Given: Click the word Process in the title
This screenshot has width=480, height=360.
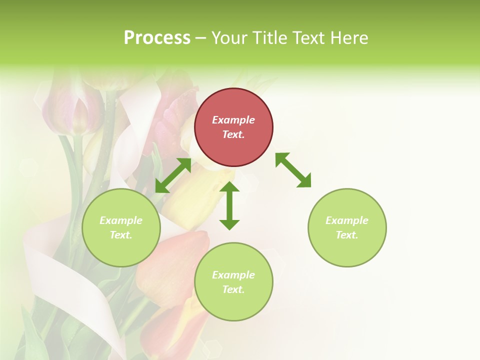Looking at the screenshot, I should [157, 38].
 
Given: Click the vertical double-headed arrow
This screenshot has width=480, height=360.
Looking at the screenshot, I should [229, 205].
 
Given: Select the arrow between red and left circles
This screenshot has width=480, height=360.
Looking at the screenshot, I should [173, 175].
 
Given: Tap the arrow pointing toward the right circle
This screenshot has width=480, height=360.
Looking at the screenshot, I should [293, 170].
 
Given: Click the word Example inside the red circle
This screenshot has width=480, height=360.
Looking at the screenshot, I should [233, 120].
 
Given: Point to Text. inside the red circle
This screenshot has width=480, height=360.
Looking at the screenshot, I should [233, 134].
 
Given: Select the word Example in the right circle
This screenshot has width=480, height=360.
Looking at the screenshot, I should [347, 220].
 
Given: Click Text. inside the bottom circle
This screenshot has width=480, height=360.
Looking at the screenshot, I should [233, 289].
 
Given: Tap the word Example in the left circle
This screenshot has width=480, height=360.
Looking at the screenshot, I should [121, 220].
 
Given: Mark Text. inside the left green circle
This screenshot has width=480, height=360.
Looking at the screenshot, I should [121, 235].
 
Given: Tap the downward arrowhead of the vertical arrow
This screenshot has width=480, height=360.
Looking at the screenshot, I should [229, 223].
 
